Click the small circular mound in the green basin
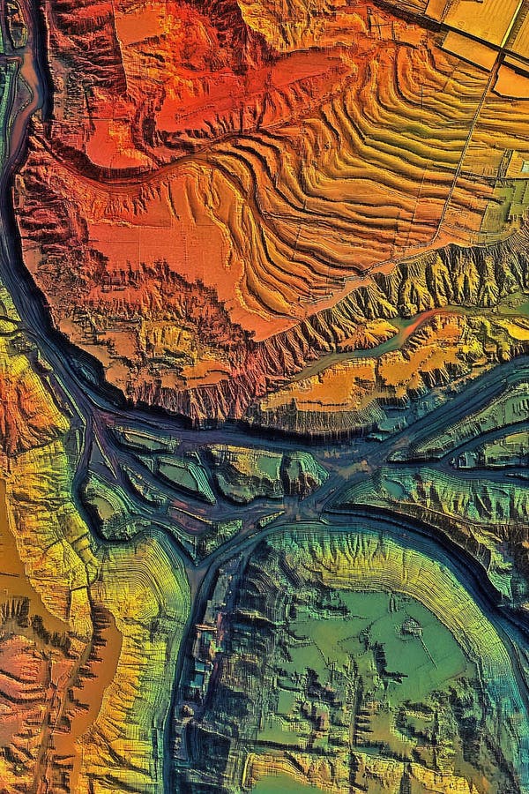[410, 627]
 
